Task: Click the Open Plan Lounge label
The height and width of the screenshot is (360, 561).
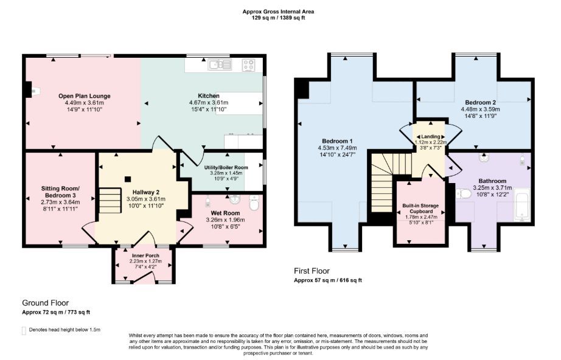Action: click(x=85, y=96)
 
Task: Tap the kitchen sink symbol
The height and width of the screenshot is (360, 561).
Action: click(x=220, y=64)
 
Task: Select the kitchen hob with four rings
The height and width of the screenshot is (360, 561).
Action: click(x=249, y=65)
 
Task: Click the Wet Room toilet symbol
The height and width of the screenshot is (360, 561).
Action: click(x=254, y=203)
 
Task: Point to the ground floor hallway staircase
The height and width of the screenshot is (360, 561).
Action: click(x=110, y=200)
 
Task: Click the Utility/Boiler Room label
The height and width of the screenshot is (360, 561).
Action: click(x=226, y=167)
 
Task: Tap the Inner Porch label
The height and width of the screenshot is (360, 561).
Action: click(x=145, y=255)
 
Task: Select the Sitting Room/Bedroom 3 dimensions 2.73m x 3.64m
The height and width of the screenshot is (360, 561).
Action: click(x=60, y=202)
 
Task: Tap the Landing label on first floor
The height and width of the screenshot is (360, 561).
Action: click(x=430, y=137)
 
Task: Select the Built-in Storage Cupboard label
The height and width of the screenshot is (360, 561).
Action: click(x=420, y=209)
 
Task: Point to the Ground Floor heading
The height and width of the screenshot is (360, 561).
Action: click(x=46, y=303)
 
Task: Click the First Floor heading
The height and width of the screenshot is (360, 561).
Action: click(x=312, y=271)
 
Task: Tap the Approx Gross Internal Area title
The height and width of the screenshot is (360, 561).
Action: click(x=278, y=12)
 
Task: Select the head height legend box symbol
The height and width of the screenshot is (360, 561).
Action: click(x=24, y=331)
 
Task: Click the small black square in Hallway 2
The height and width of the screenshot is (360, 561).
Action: click(x=127, y=179)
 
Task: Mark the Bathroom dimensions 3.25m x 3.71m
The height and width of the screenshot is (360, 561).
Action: click(x=492, y=188)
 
